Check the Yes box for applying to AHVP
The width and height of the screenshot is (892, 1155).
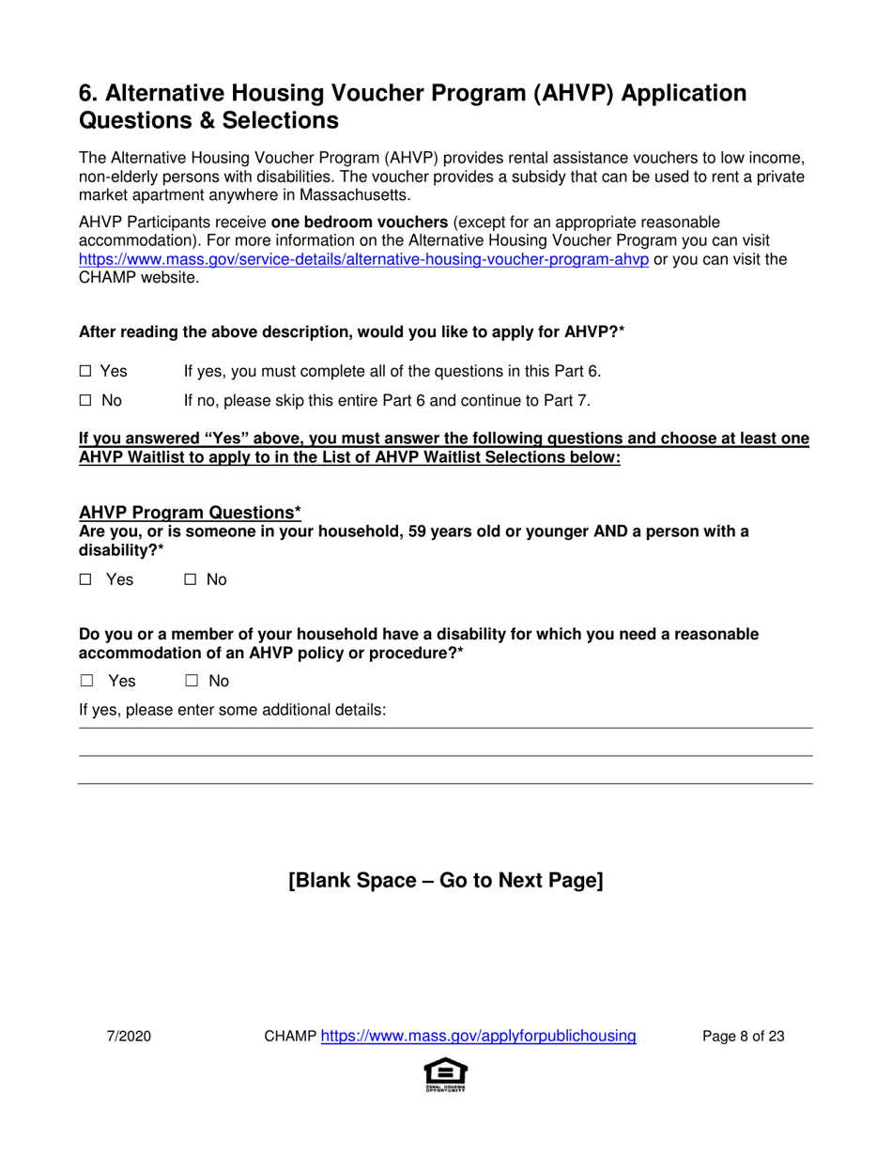point(85,372)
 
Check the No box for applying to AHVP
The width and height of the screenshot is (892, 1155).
point(85,401)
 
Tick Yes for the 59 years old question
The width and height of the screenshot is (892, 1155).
point(85,580)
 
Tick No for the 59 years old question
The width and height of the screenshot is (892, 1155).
point(190,580)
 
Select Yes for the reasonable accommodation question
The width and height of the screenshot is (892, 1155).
point(86,681)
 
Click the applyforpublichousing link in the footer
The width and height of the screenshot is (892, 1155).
point(479,1037)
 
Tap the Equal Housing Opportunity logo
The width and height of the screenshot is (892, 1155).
point(446,1074)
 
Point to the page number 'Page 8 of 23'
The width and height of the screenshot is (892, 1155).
point(744,1037)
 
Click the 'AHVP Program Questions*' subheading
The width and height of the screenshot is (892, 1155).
point(190,513)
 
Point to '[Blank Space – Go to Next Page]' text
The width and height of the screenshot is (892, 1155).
point(445,881)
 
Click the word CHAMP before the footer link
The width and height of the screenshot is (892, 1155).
point(290,1037)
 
